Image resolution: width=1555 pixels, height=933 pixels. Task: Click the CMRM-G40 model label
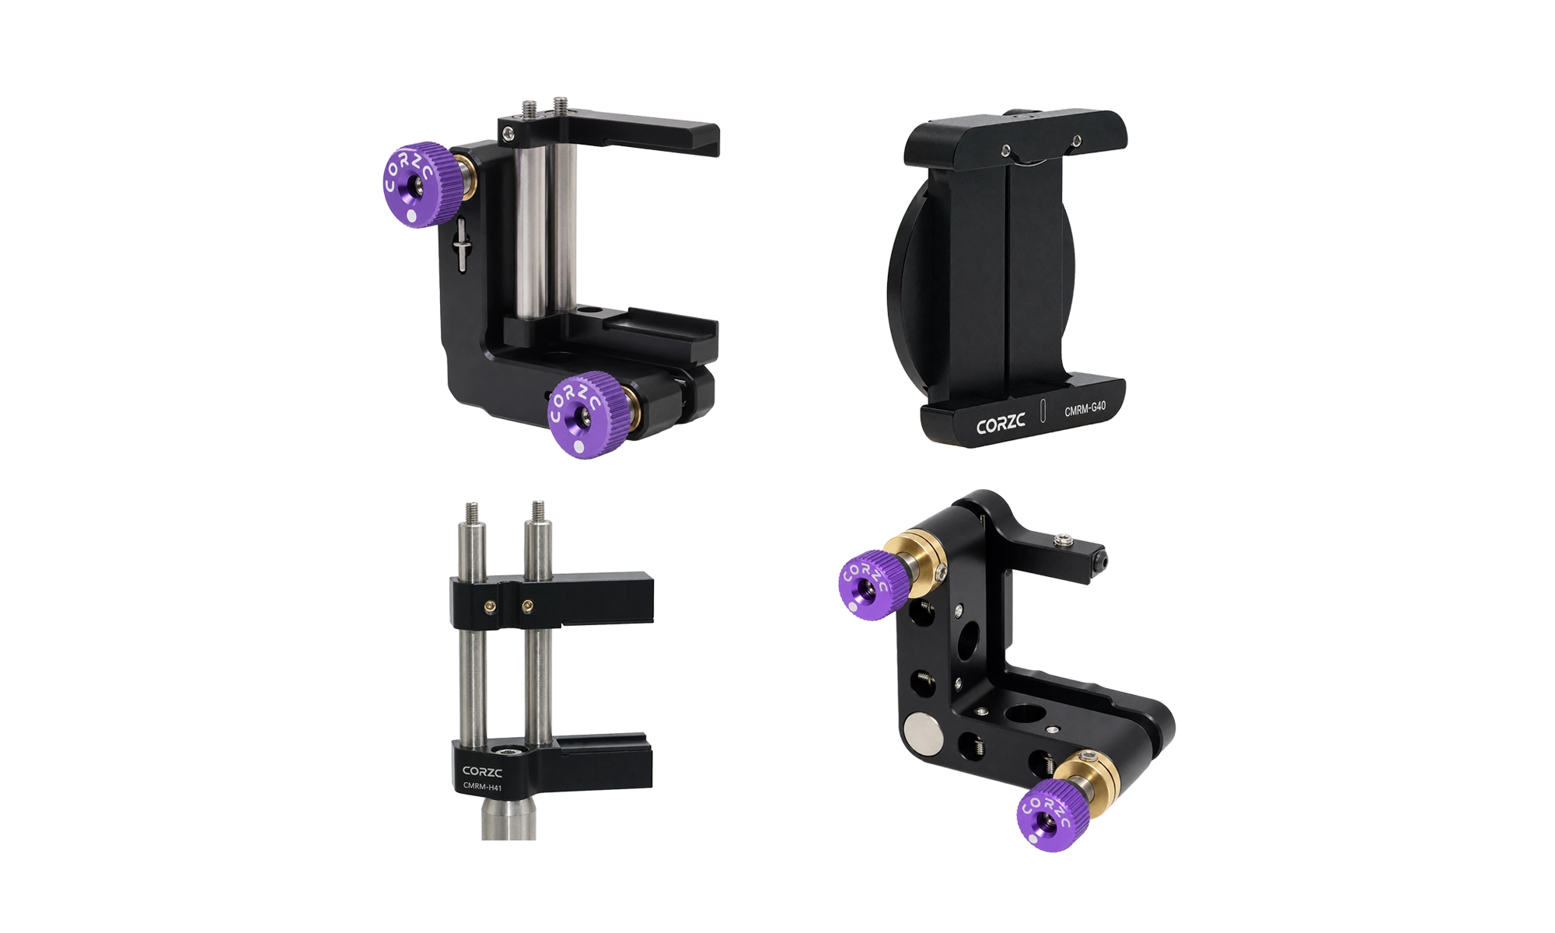coord(1085,408)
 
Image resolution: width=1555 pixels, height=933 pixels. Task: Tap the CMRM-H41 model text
coord(482,787)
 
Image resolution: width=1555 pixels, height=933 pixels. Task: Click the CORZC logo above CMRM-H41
coord(482,771)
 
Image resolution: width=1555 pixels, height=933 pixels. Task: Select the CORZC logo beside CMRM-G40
coord(1001,425)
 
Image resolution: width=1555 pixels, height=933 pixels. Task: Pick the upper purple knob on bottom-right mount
coord(870,582)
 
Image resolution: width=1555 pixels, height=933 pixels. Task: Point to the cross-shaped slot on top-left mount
coord(462,245)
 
